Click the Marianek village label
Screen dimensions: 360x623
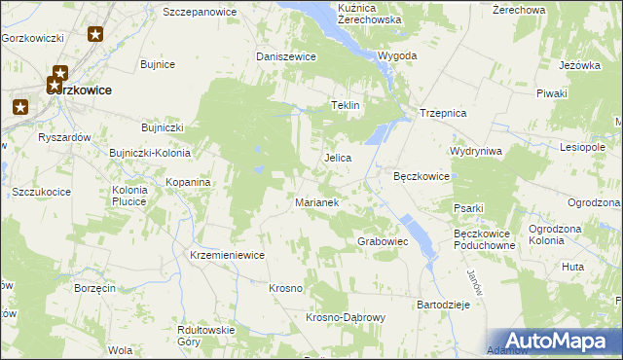tap(315, 202)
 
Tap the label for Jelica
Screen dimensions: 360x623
tap(337, 157)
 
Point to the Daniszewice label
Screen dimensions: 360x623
tap(286, 56)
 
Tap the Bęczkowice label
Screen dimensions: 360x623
tap(421, 176)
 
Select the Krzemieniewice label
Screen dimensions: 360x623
tap(228, 254)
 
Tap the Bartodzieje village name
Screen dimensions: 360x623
tap(444, 305)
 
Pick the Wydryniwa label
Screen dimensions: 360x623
tap(476, 151)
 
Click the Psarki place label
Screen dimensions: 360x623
tap(468, 207)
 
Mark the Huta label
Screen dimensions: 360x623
tap(573, 266)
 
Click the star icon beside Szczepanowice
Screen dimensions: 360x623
tap(95, 35)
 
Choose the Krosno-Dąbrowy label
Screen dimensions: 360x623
tap(347, 317)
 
